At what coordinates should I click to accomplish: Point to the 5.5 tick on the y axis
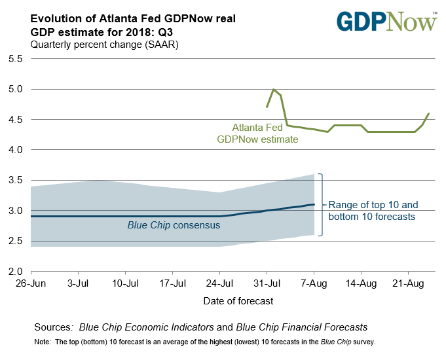15,59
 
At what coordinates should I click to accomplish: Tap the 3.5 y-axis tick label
15,181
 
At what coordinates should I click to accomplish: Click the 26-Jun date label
31,286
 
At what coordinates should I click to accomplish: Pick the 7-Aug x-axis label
314,286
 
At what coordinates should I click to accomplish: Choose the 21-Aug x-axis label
408,286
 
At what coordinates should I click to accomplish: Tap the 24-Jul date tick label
219,286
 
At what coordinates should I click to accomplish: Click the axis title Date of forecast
232,301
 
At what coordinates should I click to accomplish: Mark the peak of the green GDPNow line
274,89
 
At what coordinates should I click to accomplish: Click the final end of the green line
429,113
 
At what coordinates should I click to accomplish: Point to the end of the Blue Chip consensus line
314,204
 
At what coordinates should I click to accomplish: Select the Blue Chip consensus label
173,225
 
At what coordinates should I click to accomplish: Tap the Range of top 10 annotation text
373,210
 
